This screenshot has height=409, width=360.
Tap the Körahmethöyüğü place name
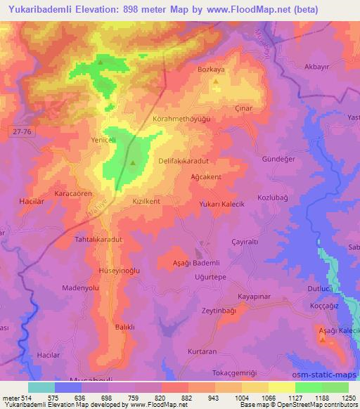point(182,119)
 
